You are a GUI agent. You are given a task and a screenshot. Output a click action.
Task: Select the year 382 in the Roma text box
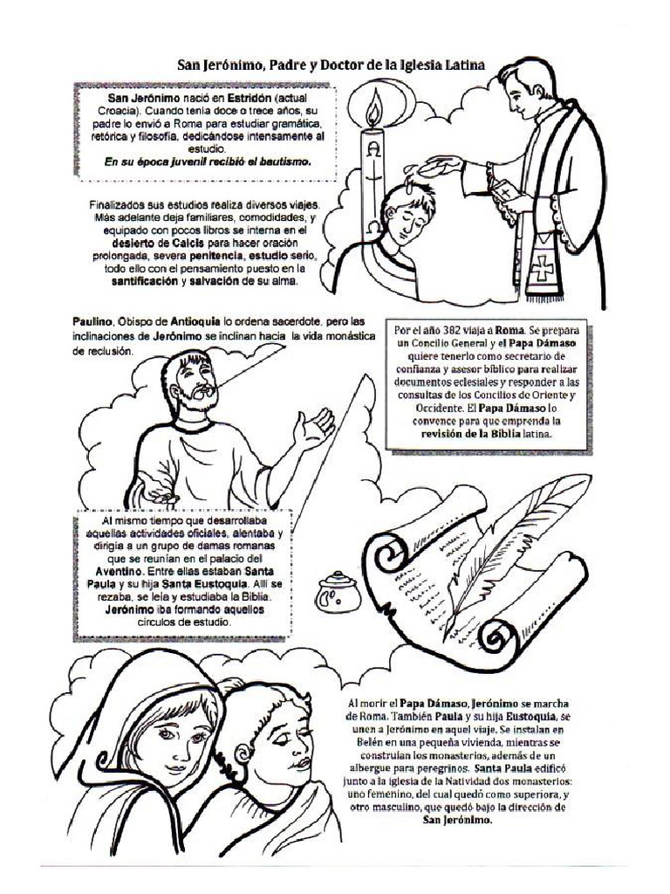tap(454, 331)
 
